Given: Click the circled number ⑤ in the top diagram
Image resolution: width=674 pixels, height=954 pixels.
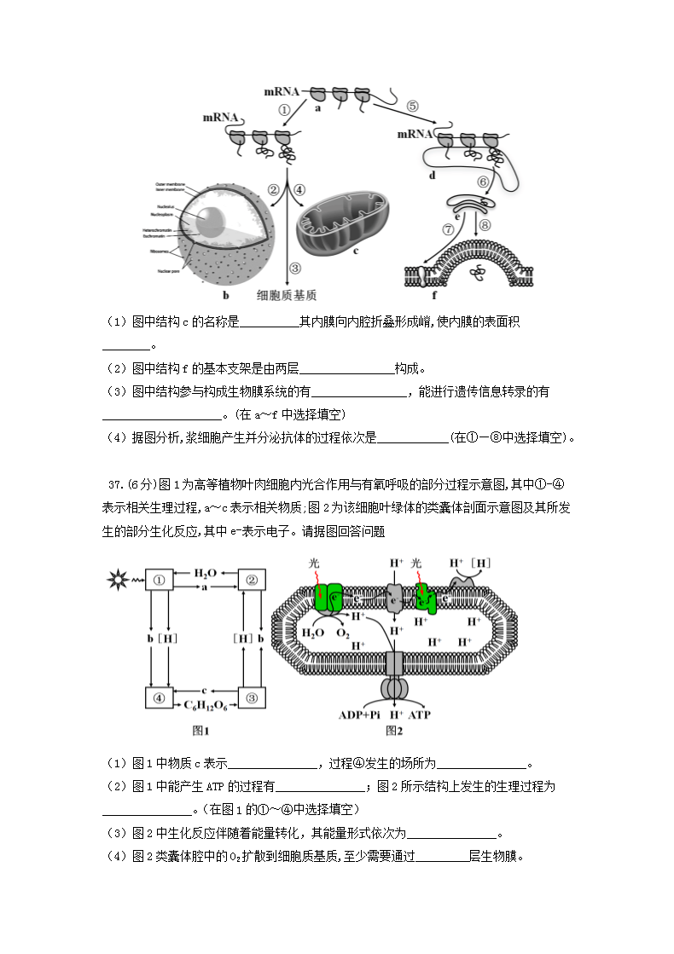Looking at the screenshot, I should click(413, 107).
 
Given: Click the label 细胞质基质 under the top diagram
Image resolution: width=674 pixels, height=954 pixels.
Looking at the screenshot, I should click(288, 296).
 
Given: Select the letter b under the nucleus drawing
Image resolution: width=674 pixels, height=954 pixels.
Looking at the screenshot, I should click(226, 296).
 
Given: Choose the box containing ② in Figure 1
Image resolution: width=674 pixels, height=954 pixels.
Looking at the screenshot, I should click(252, 581).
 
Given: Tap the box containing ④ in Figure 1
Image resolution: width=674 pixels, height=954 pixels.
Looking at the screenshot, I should click(159, 697).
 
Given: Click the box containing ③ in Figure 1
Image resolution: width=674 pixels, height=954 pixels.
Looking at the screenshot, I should click(252, 697).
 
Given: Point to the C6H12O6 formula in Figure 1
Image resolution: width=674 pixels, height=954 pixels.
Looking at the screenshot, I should click(205, 706).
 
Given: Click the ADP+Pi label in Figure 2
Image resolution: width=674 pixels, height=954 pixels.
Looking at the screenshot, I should click(359, 714).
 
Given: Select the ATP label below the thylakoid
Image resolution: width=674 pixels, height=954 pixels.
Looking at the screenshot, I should click(421, 714).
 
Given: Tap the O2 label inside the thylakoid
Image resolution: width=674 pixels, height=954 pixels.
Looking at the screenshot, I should click(342, 633).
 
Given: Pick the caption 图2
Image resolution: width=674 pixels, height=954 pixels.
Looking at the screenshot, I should click(393, 730).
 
